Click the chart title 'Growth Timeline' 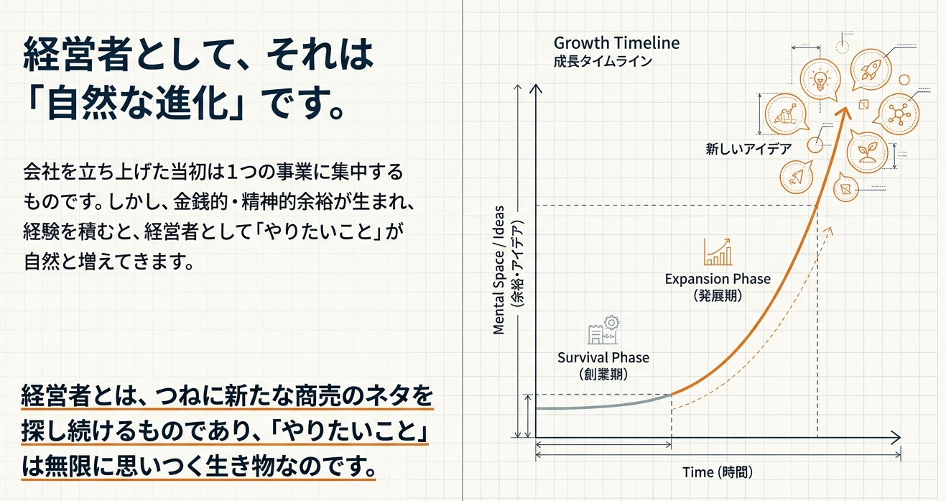pyautogui.click(x=616, y=43)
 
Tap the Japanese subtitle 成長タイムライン pyautogui.click(x=603, y=62)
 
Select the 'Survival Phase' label pyautogui.click(x=603, y=358)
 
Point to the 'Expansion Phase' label pyautogui.click(x=718, y=279)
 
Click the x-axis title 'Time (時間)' pyautogui.click(x=718, y=472)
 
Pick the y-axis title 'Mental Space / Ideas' pyautogui.click(x=498, y=270)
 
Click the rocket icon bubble pyautogui.click(x=871, y=70)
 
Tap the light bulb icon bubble pyautogui.click(x=820, y=80)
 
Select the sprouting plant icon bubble pyautogui.click(x=866, y=152)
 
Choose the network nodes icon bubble pyautogui.click(x=898, y=114)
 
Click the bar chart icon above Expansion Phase pyautogui.click(x=718, y=252)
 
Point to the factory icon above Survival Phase pyautogui.click(x=603, y=330)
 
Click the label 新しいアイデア pyautogui.click(x=748, y=149)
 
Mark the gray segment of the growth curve pyautogui.click(x=603, y=405)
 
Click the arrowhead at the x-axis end pyautogui.click(x=897, y=438)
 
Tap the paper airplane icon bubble pyautogui.click(x=797, y=177)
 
